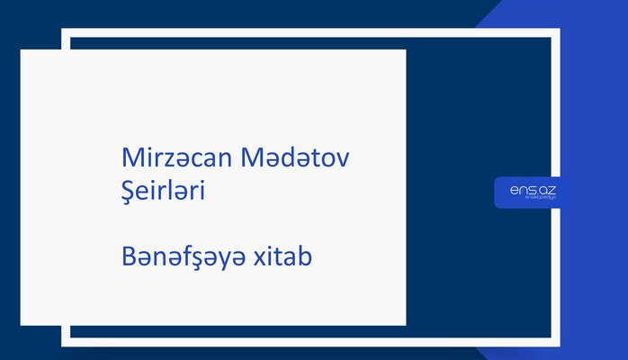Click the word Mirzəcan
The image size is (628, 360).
[176, 158]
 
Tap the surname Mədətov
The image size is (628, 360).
[295, 158]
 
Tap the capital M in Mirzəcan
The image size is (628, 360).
[131, 158]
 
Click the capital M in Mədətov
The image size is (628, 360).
[252, 158]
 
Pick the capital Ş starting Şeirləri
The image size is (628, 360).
[128, 191]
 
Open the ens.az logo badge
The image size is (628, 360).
[533, 193]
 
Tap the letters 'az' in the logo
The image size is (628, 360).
[548, 190]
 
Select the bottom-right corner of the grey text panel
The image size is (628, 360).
[405, 324]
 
